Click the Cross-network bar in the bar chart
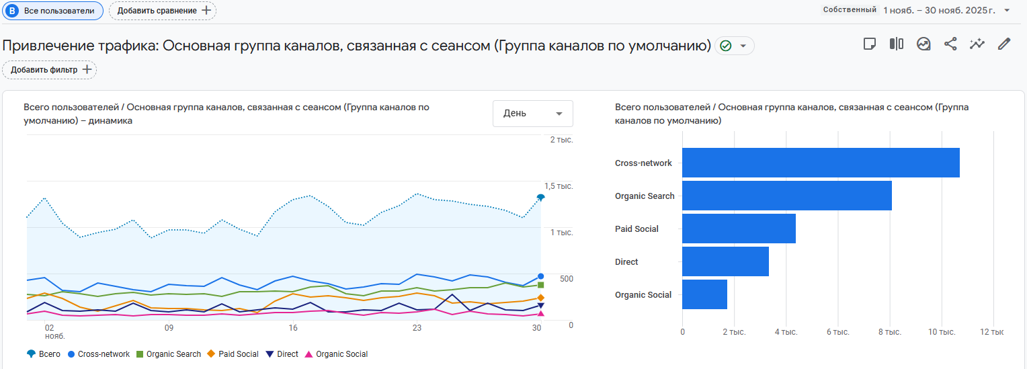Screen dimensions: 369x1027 point(820,163)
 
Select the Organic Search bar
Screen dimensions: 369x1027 point(786,196)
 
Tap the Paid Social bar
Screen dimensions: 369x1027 point(739,229)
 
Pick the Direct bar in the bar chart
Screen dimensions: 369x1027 point(725,261)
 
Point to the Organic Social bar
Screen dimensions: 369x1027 point(704,294)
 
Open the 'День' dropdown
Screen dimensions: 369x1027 point(532,114)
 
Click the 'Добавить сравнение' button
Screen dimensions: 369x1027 point(163,11)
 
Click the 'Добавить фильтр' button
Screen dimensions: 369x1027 point(50,70)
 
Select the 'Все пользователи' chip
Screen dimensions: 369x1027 point(53,11)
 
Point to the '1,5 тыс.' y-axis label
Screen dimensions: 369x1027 point(559,186)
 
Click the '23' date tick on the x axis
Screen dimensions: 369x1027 point(417,328)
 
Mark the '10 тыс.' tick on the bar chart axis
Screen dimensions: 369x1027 point(942,332)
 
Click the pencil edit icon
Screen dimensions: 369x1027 point(1004,44)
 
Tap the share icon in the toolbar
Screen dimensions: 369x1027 point(950,44)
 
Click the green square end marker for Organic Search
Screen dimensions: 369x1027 point(540,285)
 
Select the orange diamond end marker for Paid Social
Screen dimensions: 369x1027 point(540,298)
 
